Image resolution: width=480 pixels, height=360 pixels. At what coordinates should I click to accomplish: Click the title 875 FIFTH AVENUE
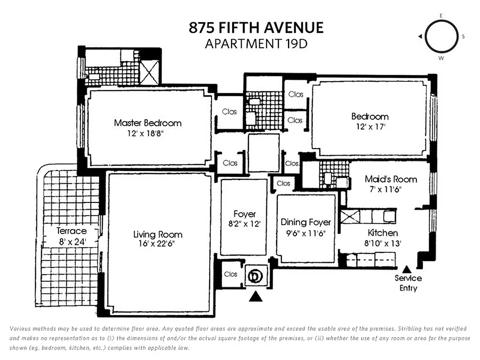(256, 28)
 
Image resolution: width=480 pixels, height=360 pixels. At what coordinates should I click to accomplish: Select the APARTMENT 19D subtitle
(256, 44)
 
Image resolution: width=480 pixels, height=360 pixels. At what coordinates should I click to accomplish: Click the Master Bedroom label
(148, 123)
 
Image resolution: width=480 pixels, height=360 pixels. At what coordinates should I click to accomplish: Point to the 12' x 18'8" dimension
(148, 134)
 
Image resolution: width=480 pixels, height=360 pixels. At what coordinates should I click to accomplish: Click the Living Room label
(158, 234)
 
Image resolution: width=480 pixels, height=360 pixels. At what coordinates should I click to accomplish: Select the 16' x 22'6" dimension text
(158, 244)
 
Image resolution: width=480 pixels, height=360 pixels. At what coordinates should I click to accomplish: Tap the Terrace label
(72, 231)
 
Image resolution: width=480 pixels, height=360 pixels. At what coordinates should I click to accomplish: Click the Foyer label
(244, 214)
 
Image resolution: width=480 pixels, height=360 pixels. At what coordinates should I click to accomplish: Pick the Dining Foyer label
(305, 222)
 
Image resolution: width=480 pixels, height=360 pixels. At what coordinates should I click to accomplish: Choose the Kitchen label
(382, 233)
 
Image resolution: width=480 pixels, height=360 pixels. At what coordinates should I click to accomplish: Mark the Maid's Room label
(390, 179)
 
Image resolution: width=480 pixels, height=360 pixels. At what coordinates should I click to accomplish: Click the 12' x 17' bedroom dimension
(370, 127)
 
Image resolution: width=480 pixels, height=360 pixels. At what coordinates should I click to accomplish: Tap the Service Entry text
(408, 283)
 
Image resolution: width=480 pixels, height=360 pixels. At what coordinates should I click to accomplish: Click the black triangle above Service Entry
(407, 269)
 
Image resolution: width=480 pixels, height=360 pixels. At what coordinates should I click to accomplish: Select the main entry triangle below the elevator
(256, 296)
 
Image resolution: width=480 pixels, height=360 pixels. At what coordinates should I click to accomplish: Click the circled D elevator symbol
(256, 275)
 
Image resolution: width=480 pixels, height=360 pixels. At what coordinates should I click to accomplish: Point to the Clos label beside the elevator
(230, 274)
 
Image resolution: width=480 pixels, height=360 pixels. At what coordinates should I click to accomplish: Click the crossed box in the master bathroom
(148, 71)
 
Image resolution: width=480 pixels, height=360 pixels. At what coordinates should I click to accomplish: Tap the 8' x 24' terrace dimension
(72, 241)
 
